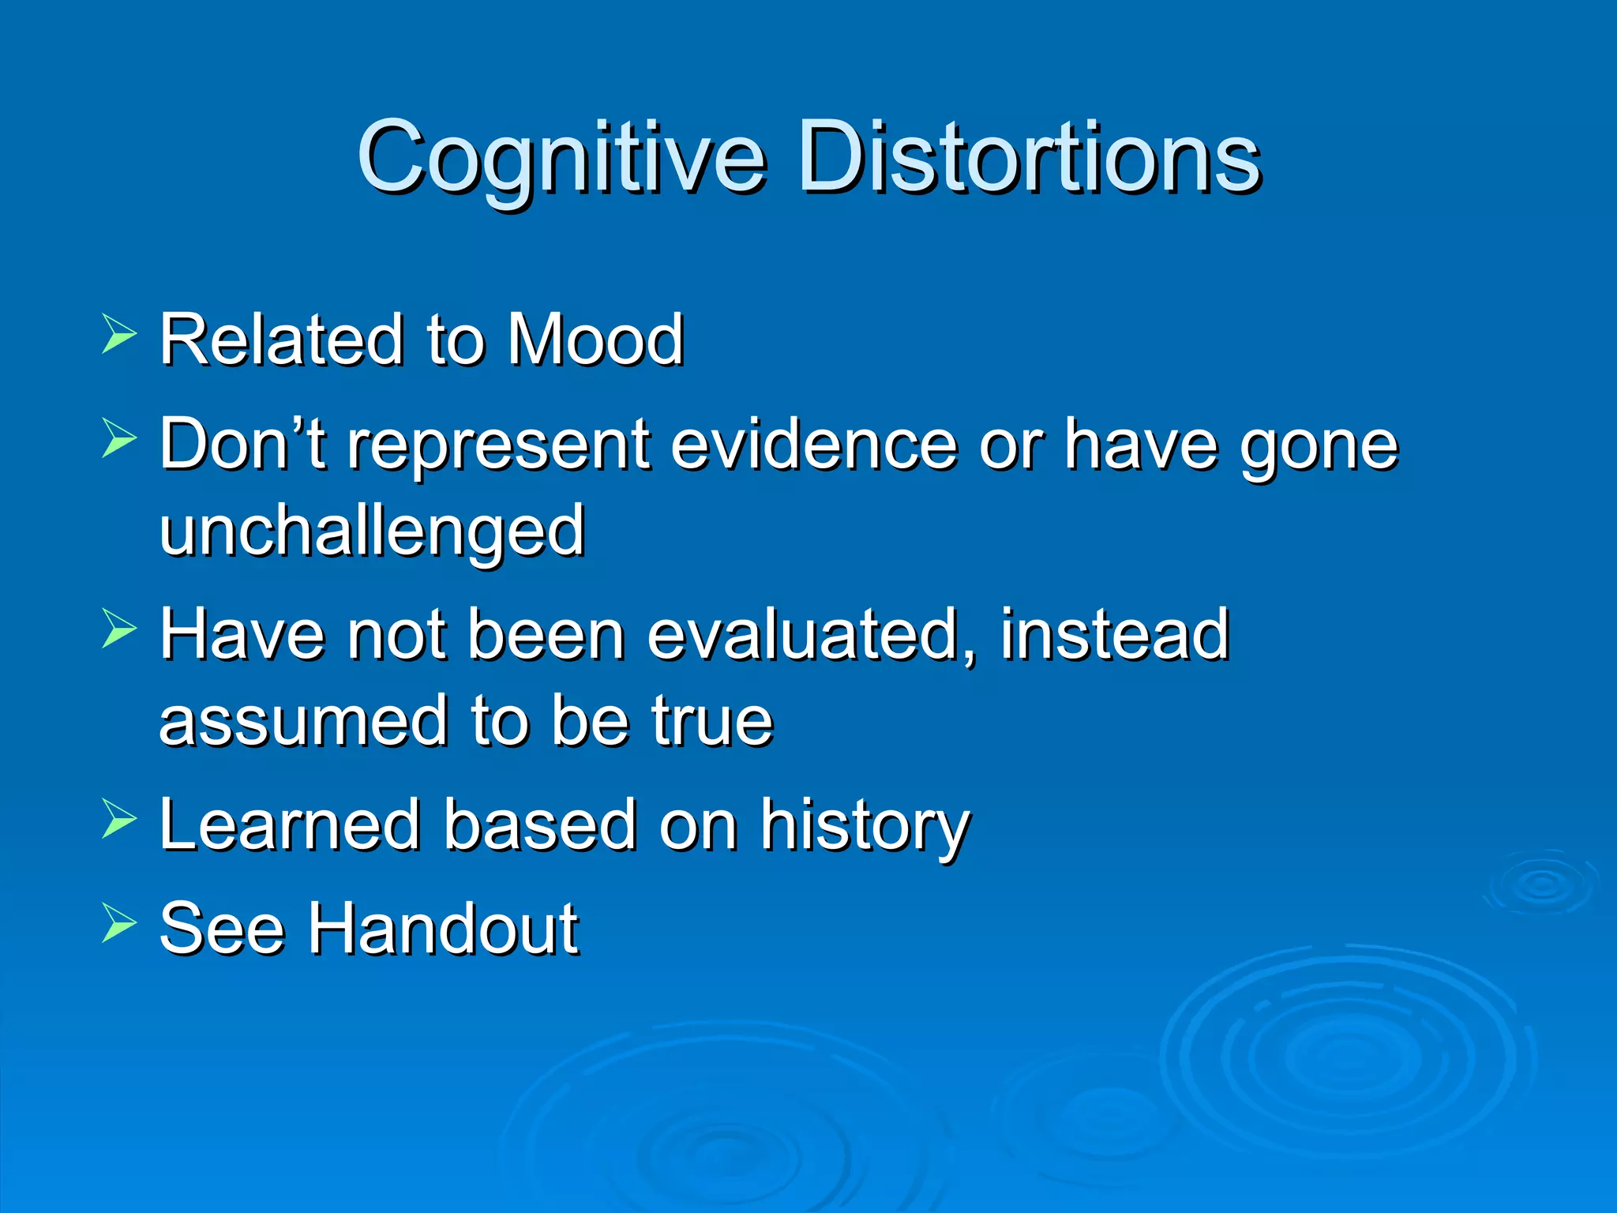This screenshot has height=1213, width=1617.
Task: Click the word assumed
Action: coord(303,720)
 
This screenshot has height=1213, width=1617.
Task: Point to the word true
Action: coord(711,720)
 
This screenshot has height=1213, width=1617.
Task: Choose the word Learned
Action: coord(289,824)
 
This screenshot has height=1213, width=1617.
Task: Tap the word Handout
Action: coord(443,929)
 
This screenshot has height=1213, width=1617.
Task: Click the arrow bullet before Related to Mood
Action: coord(119,333)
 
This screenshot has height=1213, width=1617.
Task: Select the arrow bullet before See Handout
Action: coord(119,923)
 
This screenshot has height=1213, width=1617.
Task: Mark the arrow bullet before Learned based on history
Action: coord(119,818)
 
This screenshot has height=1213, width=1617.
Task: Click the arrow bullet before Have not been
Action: coord(119,629)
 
